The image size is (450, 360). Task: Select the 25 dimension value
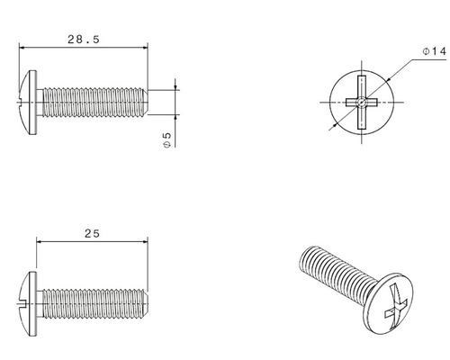tap(92, 232)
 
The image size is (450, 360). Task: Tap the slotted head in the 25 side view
tap(28, 295)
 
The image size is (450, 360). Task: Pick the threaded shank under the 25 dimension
tap(90, 295)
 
